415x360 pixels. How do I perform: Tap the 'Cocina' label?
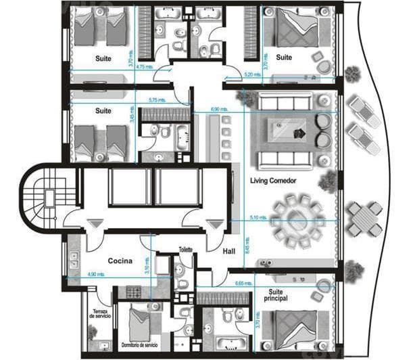point(119,260)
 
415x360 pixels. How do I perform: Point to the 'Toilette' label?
point(186,248)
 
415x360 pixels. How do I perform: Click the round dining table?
point(298,219)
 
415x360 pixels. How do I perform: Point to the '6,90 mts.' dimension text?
point(220,108)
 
